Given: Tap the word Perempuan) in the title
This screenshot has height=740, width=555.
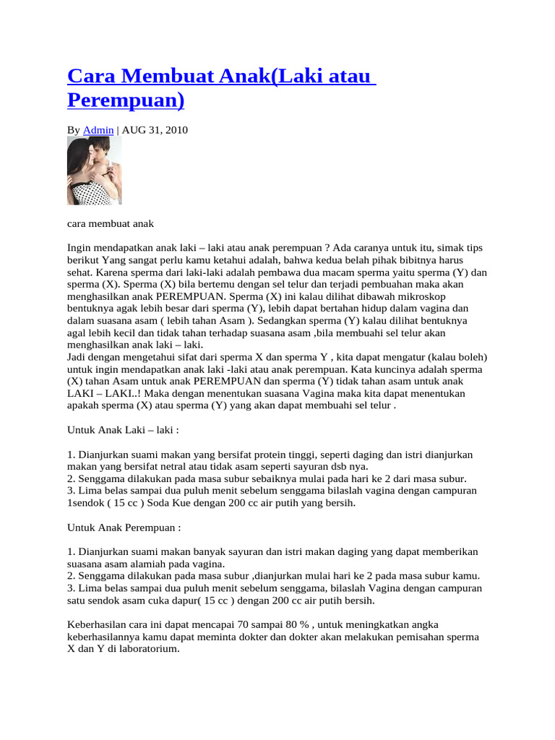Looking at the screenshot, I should coord(126,100).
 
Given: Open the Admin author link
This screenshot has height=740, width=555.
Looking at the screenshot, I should coord(98,130).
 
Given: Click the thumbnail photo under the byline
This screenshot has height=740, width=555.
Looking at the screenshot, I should coord(94,171).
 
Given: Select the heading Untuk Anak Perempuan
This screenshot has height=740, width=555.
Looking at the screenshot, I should coord(124,528).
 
